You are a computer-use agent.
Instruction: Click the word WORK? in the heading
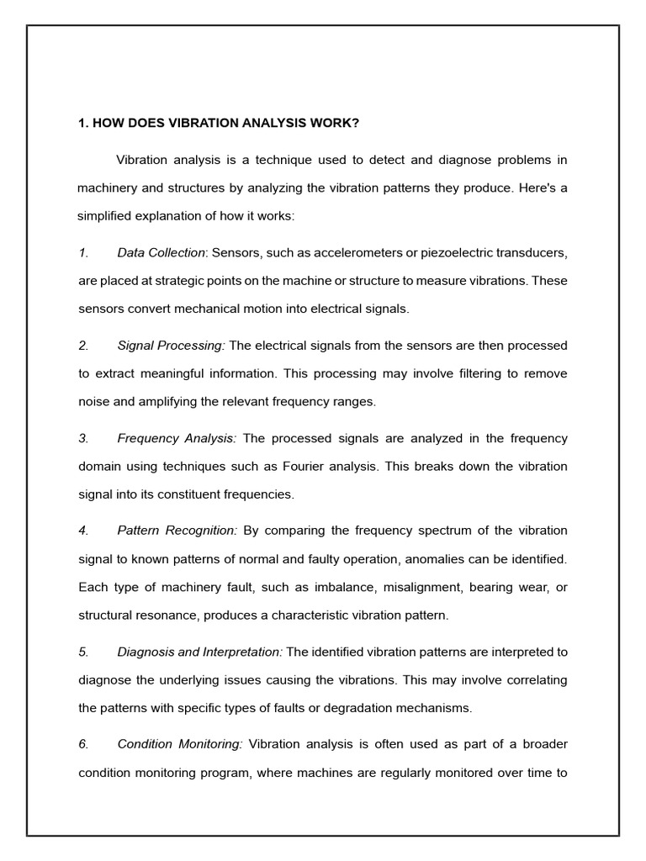334,123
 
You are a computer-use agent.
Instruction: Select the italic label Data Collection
161,252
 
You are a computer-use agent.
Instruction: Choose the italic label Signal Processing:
172,346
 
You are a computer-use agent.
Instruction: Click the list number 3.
83,438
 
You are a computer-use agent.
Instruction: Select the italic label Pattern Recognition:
177,531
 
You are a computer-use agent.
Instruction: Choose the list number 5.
83,652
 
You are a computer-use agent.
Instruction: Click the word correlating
535,679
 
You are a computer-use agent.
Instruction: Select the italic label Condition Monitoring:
180,744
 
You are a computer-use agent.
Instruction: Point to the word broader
540,744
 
